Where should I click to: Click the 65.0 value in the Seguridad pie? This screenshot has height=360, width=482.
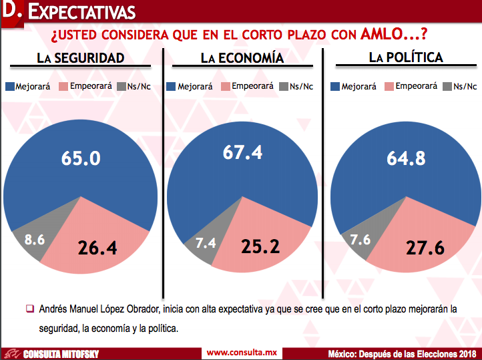[80, 158]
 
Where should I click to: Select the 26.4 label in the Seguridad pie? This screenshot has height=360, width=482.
[97, 248]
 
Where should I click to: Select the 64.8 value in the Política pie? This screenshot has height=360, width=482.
[407, 158]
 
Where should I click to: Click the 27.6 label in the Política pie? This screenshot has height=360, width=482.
[426, 248]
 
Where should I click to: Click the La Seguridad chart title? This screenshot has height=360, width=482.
[81, 58]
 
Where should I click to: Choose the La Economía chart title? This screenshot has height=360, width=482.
[242, 58]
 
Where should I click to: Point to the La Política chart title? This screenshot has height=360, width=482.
[406, 58]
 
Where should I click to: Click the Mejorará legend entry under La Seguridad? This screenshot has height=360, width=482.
[30, 86]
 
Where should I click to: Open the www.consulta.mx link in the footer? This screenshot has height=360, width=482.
[242, 352]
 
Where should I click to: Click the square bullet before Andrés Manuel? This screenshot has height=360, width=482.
[29, 309]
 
